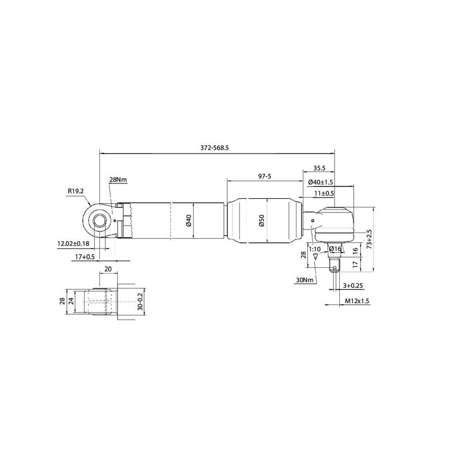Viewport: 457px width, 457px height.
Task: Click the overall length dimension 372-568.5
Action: pos(215,148)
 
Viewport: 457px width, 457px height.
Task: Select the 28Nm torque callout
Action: pos(118,179)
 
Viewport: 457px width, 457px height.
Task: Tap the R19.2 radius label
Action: pos(76,191)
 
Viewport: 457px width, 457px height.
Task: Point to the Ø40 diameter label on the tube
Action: pos(189,221)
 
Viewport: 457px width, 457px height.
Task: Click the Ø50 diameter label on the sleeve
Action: pos(262,221)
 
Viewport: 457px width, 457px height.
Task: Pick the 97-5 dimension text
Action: pos(264,176)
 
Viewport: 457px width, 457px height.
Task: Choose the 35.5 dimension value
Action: pos(319,168)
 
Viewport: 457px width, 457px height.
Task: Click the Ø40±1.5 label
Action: pos(320,182)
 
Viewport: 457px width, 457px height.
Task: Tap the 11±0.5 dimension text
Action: pos(324,193)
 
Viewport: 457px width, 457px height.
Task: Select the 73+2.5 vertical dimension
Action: pos(370,239)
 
